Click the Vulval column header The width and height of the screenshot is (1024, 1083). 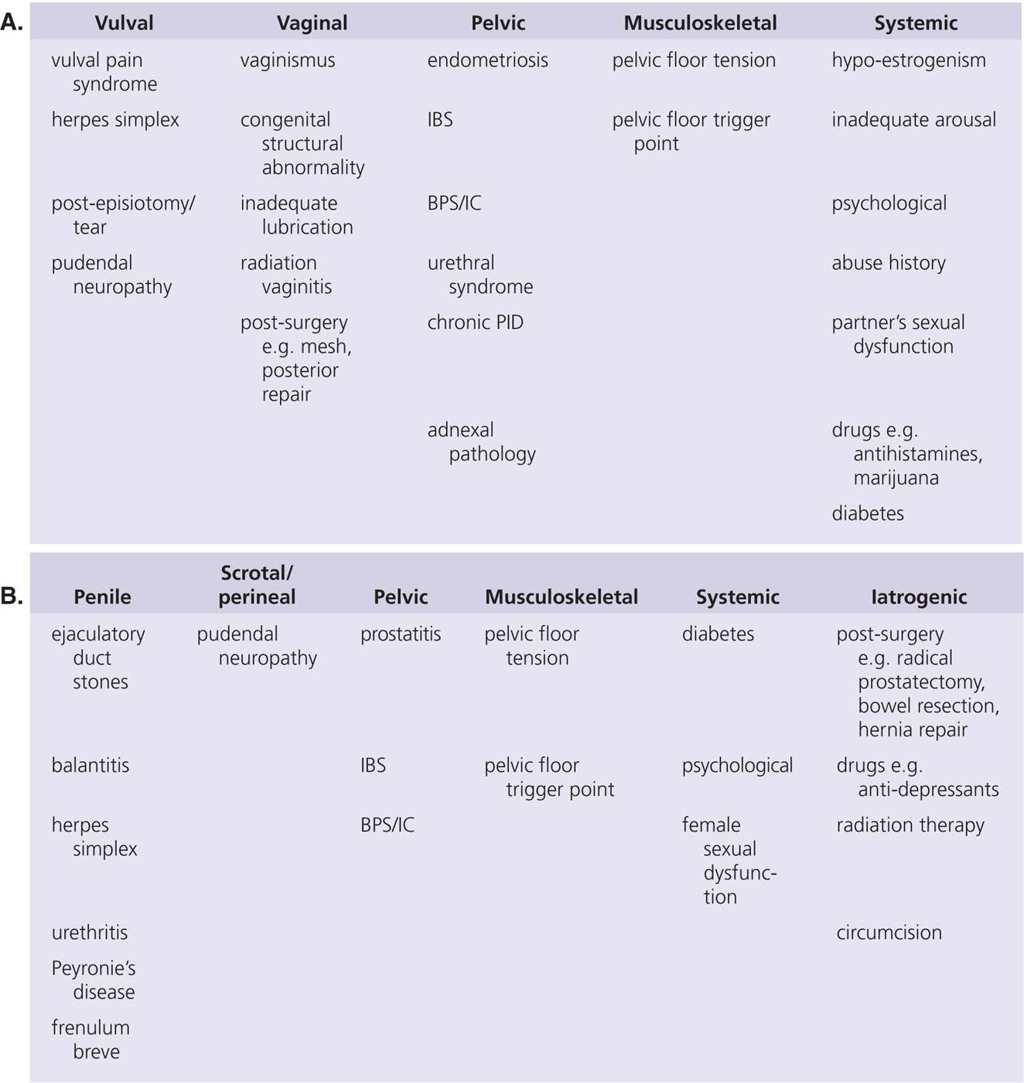124,23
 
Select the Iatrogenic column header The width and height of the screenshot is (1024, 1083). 918,597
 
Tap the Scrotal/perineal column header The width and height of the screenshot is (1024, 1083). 257,585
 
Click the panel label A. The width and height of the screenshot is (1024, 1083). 12,22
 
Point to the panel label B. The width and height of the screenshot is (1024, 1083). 12,596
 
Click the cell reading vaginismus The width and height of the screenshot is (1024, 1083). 288,60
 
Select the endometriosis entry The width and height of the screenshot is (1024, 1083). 487,60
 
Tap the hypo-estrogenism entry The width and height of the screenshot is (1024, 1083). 908,60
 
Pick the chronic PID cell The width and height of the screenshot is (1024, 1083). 475,323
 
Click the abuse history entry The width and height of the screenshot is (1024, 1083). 888,263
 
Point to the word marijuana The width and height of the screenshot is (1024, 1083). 896,478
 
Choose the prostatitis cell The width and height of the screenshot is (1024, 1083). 401,634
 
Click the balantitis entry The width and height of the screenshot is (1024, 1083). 90,766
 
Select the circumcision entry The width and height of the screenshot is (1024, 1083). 889,933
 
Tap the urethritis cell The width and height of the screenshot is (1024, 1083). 90,933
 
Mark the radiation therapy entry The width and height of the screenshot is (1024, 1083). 910,825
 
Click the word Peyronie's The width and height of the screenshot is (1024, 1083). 94,969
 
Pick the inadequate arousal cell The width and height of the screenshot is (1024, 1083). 913,120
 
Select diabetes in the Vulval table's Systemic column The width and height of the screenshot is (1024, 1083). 867,514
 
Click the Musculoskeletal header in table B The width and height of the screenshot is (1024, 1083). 561,597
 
